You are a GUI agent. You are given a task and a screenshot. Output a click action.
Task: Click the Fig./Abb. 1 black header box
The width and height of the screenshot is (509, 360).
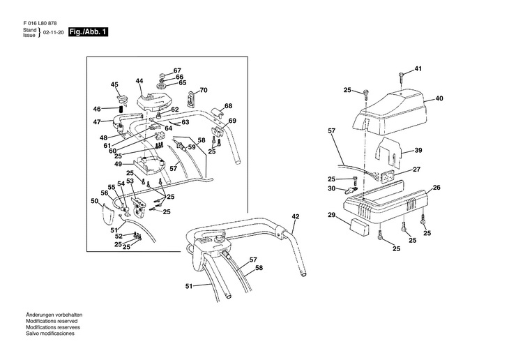(89, 33)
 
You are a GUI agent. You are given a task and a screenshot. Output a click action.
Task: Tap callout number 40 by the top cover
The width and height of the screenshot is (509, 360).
(439, 98)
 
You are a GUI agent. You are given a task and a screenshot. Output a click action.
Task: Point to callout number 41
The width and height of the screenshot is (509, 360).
(418, 69)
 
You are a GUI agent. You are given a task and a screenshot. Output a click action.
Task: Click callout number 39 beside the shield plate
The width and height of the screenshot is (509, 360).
(418, 150)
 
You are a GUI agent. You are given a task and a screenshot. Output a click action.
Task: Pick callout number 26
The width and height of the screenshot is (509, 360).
(436, 187)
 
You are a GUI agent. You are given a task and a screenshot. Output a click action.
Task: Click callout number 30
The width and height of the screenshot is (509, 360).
(332, 190)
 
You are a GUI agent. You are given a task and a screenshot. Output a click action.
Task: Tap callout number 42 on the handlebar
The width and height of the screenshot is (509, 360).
(295, 217)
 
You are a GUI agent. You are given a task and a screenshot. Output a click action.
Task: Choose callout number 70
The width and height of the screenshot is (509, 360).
(204, 90)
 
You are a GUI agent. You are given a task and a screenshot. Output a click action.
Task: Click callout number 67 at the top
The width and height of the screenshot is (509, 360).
(177, 70)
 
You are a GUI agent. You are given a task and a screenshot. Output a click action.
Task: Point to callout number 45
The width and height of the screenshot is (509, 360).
(115, 85)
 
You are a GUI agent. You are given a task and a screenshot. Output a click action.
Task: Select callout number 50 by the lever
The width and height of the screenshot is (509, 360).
(94, 201)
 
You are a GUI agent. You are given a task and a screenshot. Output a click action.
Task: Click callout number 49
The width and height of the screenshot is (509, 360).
(119, 164)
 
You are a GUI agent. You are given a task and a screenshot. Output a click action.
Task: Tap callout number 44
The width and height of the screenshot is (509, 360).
(139, 82)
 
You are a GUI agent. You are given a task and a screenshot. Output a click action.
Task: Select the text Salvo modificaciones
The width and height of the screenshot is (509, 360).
(50, 333)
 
